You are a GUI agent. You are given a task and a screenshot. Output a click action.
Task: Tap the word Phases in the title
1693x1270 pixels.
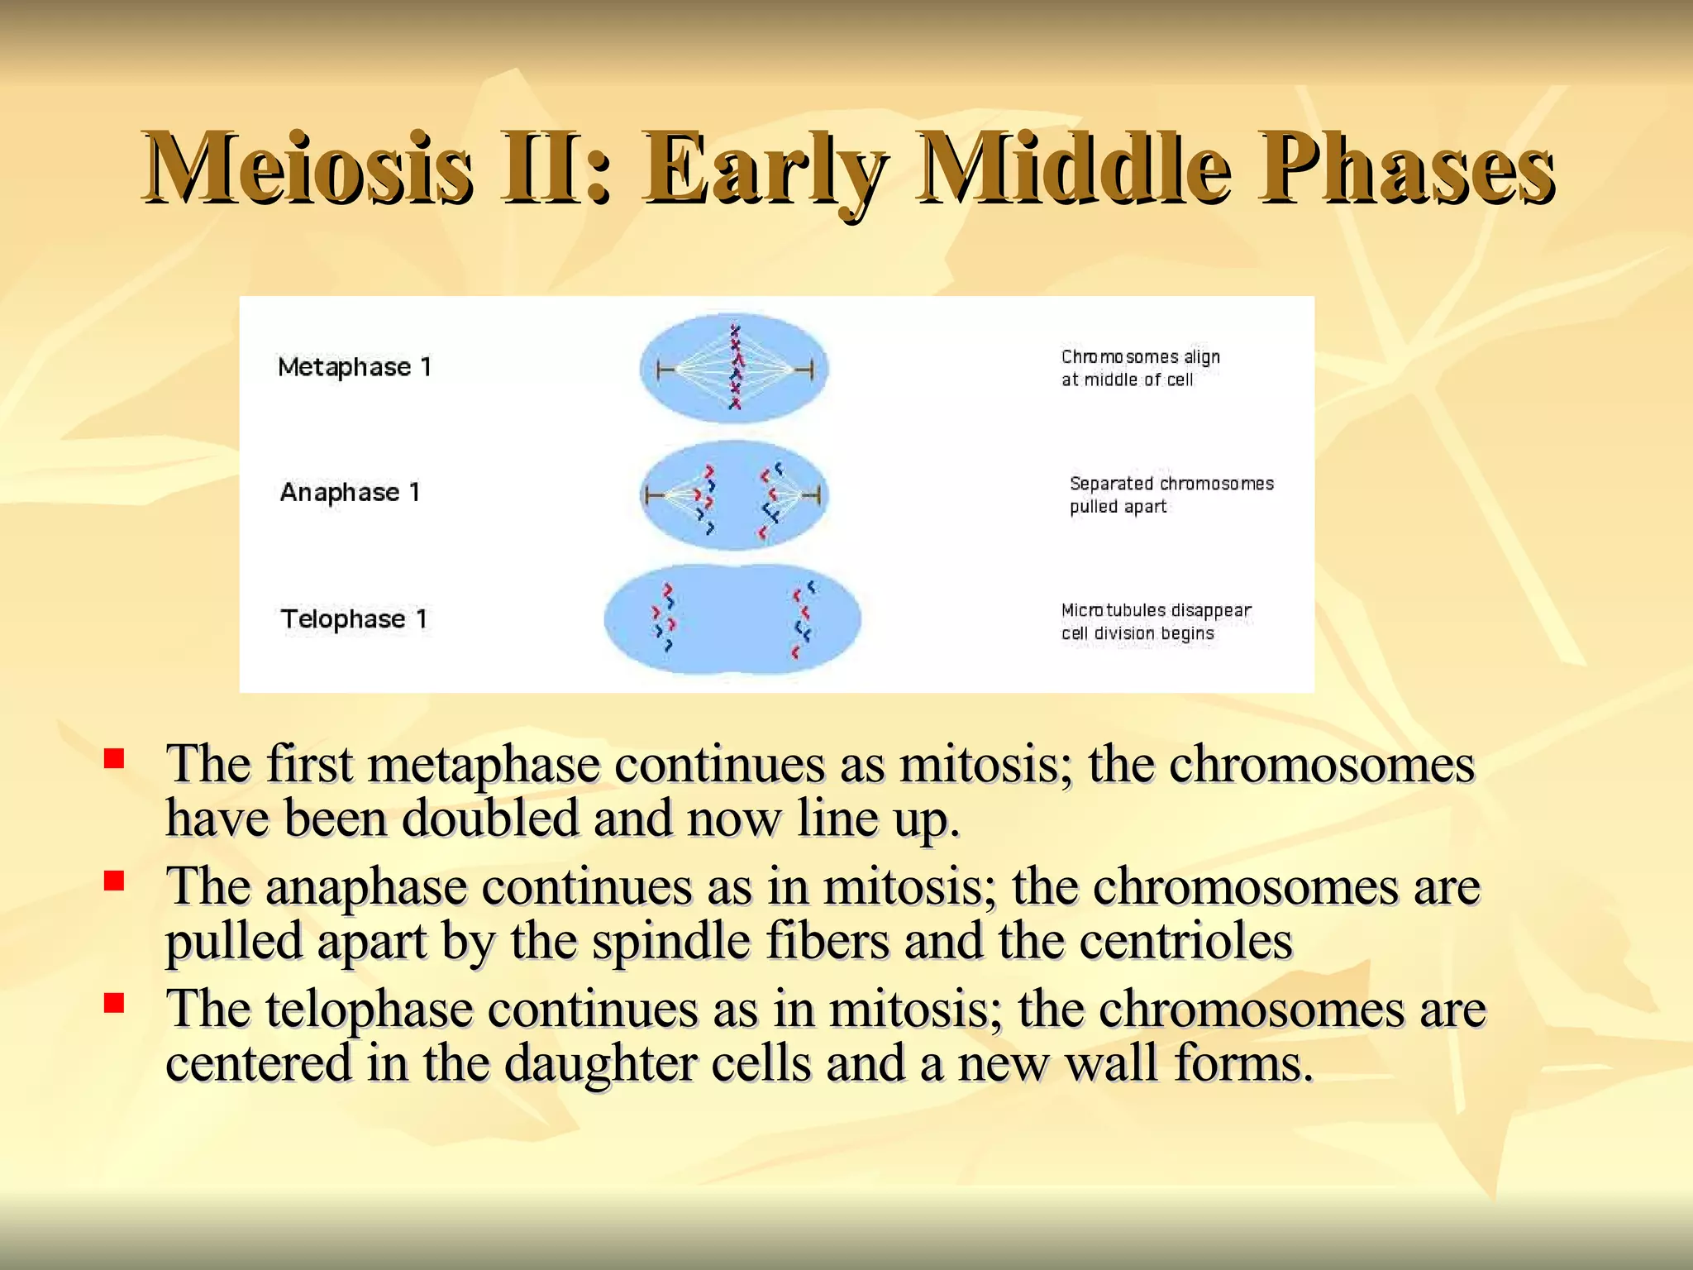[x=1405, y=169]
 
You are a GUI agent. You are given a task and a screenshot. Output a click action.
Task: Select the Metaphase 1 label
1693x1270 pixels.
[x=355, y=367]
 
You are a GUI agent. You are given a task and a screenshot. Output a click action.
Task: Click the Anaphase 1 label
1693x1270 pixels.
[x=351, y=493]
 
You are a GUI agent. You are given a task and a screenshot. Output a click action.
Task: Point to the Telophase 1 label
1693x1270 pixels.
[x=354, y=619]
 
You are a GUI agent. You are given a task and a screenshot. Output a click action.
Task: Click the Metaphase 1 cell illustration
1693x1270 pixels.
[x=734, y=368]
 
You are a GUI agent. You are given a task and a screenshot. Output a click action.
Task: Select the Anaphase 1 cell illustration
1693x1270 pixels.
[x=734, y=495]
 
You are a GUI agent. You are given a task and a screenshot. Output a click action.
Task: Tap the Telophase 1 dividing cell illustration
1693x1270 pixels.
[x=732, y=619]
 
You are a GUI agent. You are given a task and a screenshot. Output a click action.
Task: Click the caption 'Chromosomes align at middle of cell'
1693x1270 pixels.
[x=1140, y=368]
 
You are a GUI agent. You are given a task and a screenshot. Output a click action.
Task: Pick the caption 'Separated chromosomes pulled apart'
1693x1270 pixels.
[x=1171, y=494]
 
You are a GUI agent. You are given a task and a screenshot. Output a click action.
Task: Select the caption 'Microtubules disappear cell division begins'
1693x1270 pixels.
[x=1156, y=622]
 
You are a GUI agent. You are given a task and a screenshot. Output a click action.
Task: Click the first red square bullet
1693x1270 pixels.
[x=114, y=758]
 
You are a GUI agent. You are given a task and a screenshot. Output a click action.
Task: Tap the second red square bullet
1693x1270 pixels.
[x=114, y=881]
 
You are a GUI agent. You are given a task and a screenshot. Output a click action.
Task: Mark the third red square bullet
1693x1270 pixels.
[x=114, y=1003]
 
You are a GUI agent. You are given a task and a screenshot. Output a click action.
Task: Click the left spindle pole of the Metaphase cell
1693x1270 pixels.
[x=660, y=370]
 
